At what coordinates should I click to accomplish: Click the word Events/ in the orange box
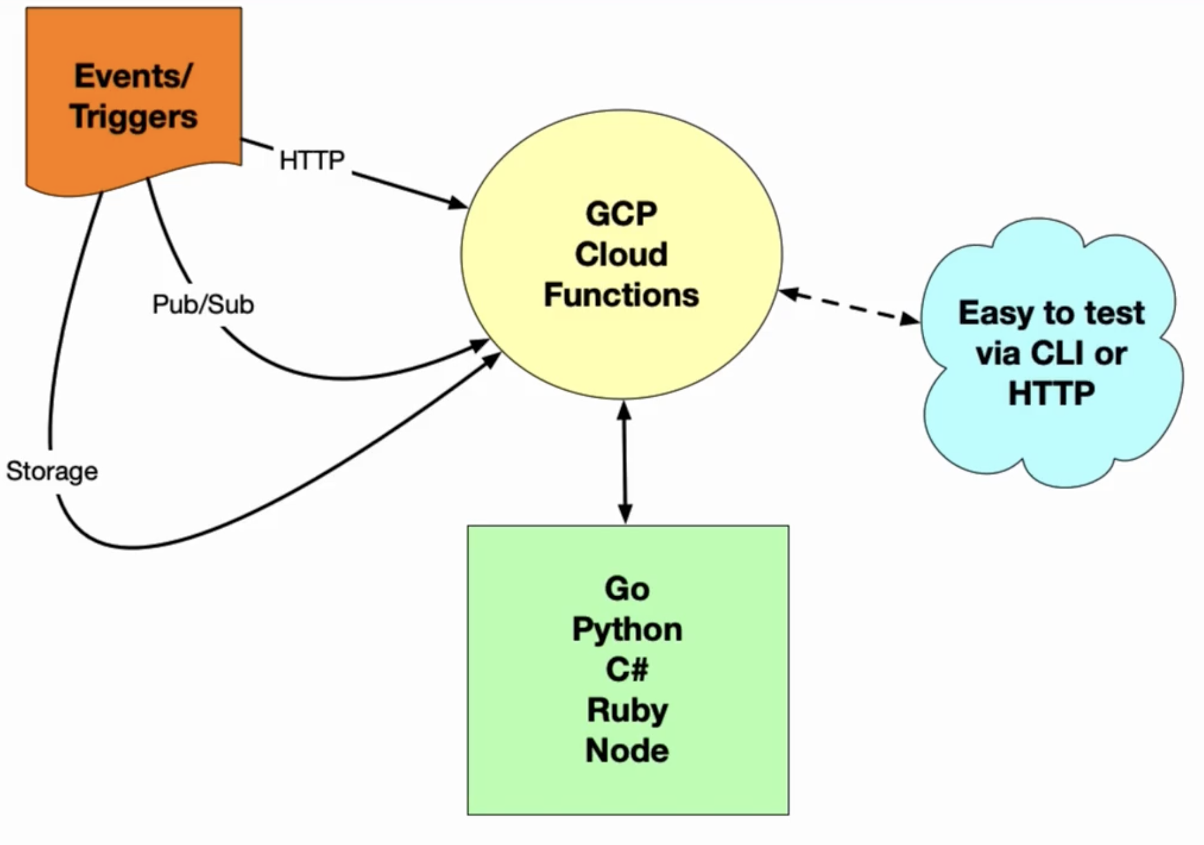(133, 76)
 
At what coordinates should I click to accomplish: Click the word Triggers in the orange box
(133, 117)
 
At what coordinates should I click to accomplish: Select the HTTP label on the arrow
(312, 160)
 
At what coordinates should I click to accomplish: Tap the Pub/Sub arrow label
(203, 304)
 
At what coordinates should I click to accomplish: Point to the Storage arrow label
(52, 471)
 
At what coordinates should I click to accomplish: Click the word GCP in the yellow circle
(621, 214)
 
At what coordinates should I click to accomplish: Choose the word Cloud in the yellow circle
(621, 254)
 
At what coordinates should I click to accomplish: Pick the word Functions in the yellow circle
(621, 295)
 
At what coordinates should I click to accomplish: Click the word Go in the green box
(627, 588)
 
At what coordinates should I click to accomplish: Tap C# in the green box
(627, 669)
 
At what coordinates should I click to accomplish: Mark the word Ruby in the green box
(627, 711)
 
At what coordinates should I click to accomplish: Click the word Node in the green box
(627, 750)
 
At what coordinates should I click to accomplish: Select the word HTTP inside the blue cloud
(1051, 393)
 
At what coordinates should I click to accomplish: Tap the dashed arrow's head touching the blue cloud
(910, 318)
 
